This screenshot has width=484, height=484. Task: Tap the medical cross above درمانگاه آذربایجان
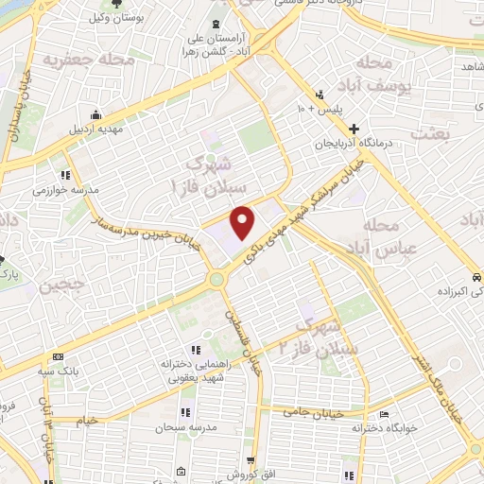(x=354, y=128)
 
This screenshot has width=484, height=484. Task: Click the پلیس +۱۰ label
(x=314, y=110)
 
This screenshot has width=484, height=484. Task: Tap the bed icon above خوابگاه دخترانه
(x=383, y=415)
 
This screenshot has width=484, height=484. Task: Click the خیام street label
(x=87, y=420)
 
